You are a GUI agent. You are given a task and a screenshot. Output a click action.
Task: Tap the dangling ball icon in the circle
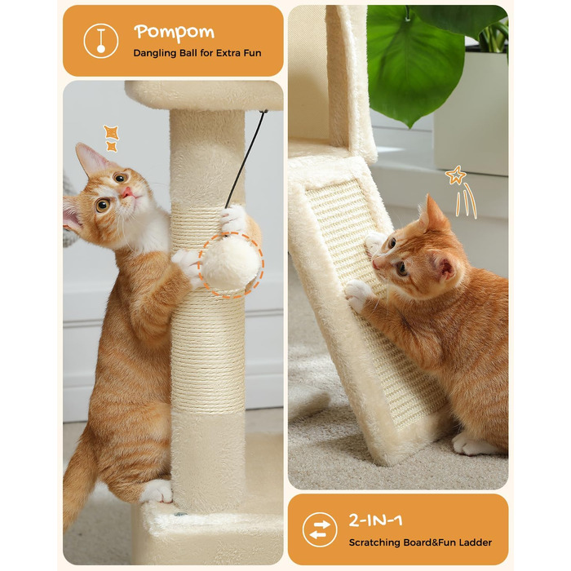pyautogui.click(x=101, y=41)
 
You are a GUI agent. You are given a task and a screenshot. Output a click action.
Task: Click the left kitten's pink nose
pyautogui.click(x=126, y=191)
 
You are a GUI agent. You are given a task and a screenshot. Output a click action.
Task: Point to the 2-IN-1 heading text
pyautogui.click(x=375, y=520)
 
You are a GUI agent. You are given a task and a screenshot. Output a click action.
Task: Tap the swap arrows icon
pyautogui.click(x=320, y=529)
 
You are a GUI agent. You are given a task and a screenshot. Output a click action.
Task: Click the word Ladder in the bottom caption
pyautogui.click(x=476, y=542)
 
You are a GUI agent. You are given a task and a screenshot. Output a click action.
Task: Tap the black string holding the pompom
pyautogui.click(x=246, y=159)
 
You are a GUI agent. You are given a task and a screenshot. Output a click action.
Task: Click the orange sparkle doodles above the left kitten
pyautogui.click(x=111, y=138)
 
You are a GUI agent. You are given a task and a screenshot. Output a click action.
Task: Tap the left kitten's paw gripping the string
pyautogui.click(x=233, y=218)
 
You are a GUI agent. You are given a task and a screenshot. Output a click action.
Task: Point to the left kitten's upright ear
pyautogui.click(x=91, y=159)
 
